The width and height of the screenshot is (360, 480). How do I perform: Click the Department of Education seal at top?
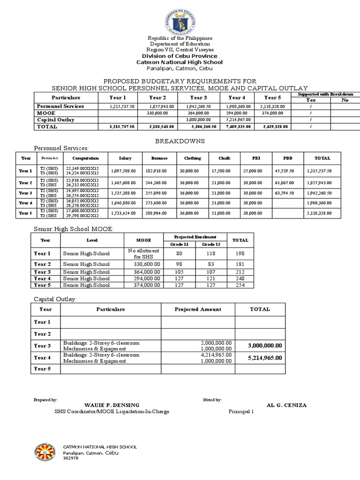tap(180, 19)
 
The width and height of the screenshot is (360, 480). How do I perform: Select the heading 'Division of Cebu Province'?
tap(180, 55)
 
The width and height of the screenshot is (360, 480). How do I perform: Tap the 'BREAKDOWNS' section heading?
tap(180, 141)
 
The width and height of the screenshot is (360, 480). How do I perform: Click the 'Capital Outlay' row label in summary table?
tap(56, 120)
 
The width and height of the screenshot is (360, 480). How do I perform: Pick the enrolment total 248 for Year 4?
tap(240, 278)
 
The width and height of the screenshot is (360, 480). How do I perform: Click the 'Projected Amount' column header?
tap(198, 309)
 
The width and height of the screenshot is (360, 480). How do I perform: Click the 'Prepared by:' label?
tap(45, 399)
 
